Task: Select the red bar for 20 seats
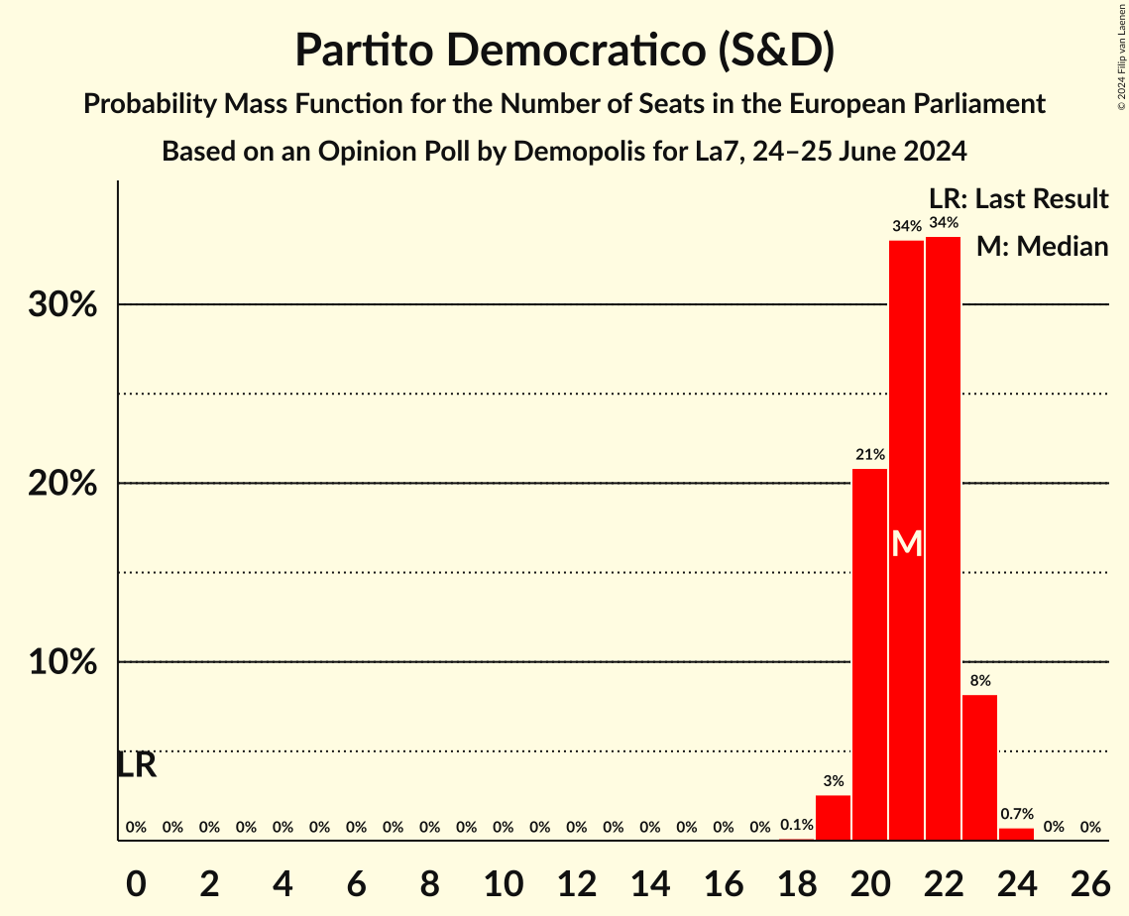(869, 654)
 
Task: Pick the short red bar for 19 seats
(833, 818)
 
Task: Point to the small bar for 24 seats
(1016, 834)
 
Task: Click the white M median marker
(906, 543)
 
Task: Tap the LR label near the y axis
(137, 765)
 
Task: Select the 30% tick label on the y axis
(62, 304)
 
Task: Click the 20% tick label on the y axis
(62, 484)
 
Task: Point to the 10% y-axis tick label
(62, 662)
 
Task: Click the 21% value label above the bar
(869, 454)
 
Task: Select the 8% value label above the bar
(979, 681)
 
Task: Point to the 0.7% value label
(1016, 814)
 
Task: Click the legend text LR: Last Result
(1018, 199)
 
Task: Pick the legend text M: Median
(1041, 247)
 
